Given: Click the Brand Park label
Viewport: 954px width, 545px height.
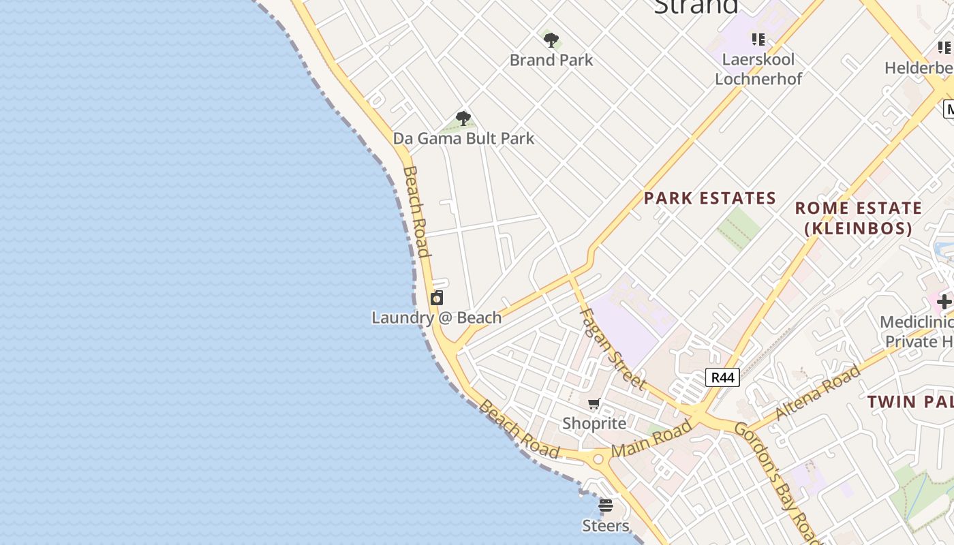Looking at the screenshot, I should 551,60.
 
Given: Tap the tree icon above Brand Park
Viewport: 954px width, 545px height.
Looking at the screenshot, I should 551,40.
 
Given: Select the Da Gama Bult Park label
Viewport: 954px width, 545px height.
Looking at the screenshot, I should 463,138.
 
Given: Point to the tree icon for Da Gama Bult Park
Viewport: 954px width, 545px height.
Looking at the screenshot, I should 463,119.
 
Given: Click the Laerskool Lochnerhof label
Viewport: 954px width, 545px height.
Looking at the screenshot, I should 758,69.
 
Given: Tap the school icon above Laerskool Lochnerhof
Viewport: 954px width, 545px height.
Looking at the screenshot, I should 758,40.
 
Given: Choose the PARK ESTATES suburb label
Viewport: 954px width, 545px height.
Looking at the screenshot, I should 710,198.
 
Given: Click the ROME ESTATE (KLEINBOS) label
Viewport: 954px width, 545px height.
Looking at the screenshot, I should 859,218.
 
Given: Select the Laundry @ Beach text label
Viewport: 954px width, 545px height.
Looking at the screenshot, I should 436,317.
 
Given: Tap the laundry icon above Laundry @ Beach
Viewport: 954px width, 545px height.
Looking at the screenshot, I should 437,298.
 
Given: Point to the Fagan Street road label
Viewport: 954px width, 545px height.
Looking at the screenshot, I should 612,348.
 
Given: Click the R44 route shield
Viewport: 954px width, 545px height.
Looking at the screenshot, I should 722,377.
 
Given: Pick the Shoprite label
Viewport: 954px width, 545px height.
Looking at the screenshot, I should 594,423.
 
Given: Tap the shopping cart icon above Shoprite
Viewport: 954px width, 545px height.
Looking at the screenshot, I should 594,404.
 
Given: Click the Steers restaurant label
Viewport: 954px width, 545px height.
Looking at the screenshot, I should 605,525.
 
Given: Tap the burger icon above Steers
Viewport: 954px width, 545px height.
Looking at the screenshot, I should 606,505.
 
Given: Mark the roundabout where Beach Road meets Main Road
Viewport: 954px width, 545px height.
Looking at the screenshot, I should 599,459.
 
